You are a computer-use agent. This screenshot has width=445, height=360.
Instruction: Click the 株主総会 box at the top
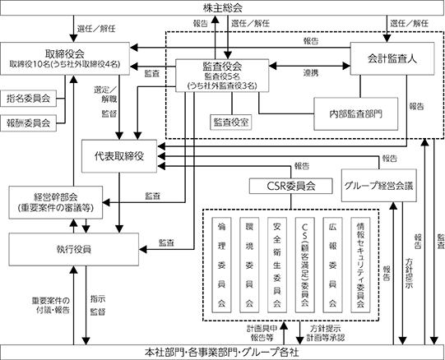(x=222, y=7)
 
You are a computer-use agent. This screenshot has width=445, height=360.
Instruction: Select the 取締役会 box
(x=65, y=58)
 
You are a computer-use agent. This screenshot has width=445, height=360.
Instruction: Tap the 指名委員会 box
(x=29, y=99)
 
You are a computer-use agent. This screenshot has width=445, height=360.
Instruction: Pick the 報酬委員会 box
(x=29, y=123)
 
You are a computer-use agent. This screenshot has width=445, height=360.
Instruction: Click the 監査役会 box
(x=222, y=76)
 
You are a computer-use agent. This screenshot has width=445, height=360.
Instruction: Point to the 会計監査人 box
(x=392, y=58)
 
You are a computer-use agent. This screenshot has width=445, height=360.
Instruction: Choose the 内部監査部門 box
(x=356, y=114)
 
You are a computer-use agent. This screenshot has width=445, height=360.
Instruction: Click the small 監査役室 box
(x=231, y=122)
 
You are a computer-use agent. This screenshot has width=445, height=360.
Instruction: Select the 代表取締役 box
(x=119, y=156)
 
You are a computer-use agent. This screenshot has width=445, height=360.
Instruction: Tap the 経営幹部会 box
(x=56, y=202)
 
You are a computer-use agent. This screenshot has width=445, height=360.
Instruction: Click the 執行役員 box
(x=74, y=250)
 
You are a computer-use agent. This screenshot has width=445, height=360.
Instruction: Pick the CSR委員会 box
(x=291, y=186)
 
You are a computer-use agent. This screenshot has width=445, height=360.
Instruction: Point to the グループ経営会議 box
(x=379, y=186)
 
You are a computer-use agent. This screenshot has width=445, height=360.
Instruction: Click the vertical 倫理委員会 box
(x=221, y=265)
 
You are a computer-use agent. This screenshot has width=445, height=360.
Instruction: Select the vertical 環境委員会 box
(x=249, y=265)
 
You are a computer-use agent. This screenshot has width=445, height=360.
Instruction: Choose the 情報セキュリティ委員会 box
(x=360, y=265)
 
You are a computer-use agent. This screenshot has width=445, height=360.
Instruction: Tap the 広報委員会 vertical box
(x=332, y=265)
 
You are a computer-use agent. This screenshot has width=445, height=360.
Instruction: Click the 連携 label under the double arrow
(x=311, y=73)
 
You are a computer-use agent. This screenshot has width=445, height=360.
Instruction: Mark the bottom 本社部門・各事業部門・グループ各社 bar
(x=222, y=353)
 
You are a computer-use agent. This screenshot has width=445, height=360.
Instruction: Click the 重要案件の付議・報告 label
(x=50, y=305)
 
